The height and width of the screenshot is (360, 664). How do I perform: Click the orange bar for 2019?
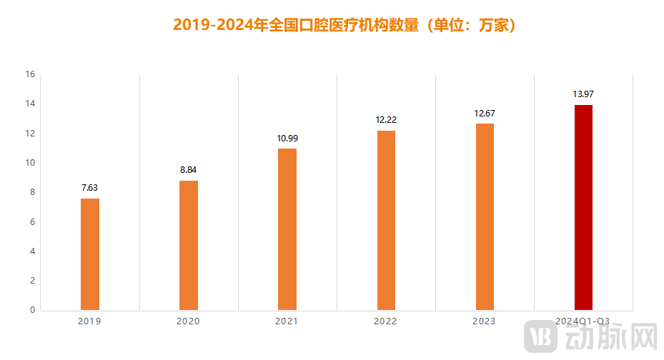point(90,254)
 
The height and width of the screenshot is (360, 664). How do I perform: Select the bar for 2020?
point(189,246)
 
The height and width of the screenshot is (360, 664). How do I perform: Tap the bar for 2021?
point(287,229)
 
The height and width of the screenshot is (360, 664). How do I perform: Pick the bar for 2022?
point(386,221)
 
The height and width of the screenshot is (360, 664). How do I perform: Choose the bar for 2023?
point(485,217)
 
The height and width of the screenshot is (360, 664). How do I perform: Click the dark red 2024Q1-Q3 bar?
point(583,208)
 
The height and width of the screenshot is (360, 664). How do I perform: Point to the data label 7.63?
point(90,188)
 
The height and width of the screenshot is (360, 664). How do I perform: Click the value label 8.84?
point(189,170)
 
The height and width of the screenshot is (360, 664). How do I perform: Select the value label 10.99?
point(287,138)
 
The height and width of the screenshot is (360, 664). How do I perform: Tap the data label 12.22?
point(386,120)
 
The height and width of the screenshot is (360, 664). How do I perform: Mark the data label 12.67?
point(485,114)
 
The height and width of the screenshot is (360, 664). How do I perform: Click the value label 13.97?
point(583,94)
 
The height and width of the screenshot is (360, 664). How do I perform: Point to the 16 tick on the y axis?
point(30,74)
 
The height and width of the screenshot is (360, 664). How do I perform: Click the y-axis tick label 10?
point(30,163)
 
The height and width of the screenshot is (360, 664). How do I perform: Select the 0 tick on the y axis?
point(32,310)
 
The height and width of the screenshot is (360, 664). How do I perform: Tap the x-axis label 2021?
point(287,321)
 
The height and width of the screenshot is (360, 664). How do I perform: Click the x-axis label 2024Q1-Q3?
point(583,321)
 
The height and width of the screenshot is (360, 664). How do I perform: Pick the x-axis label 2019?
point(89,321)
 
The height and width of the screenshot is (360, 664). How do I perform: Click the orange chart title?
point(345,25)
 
